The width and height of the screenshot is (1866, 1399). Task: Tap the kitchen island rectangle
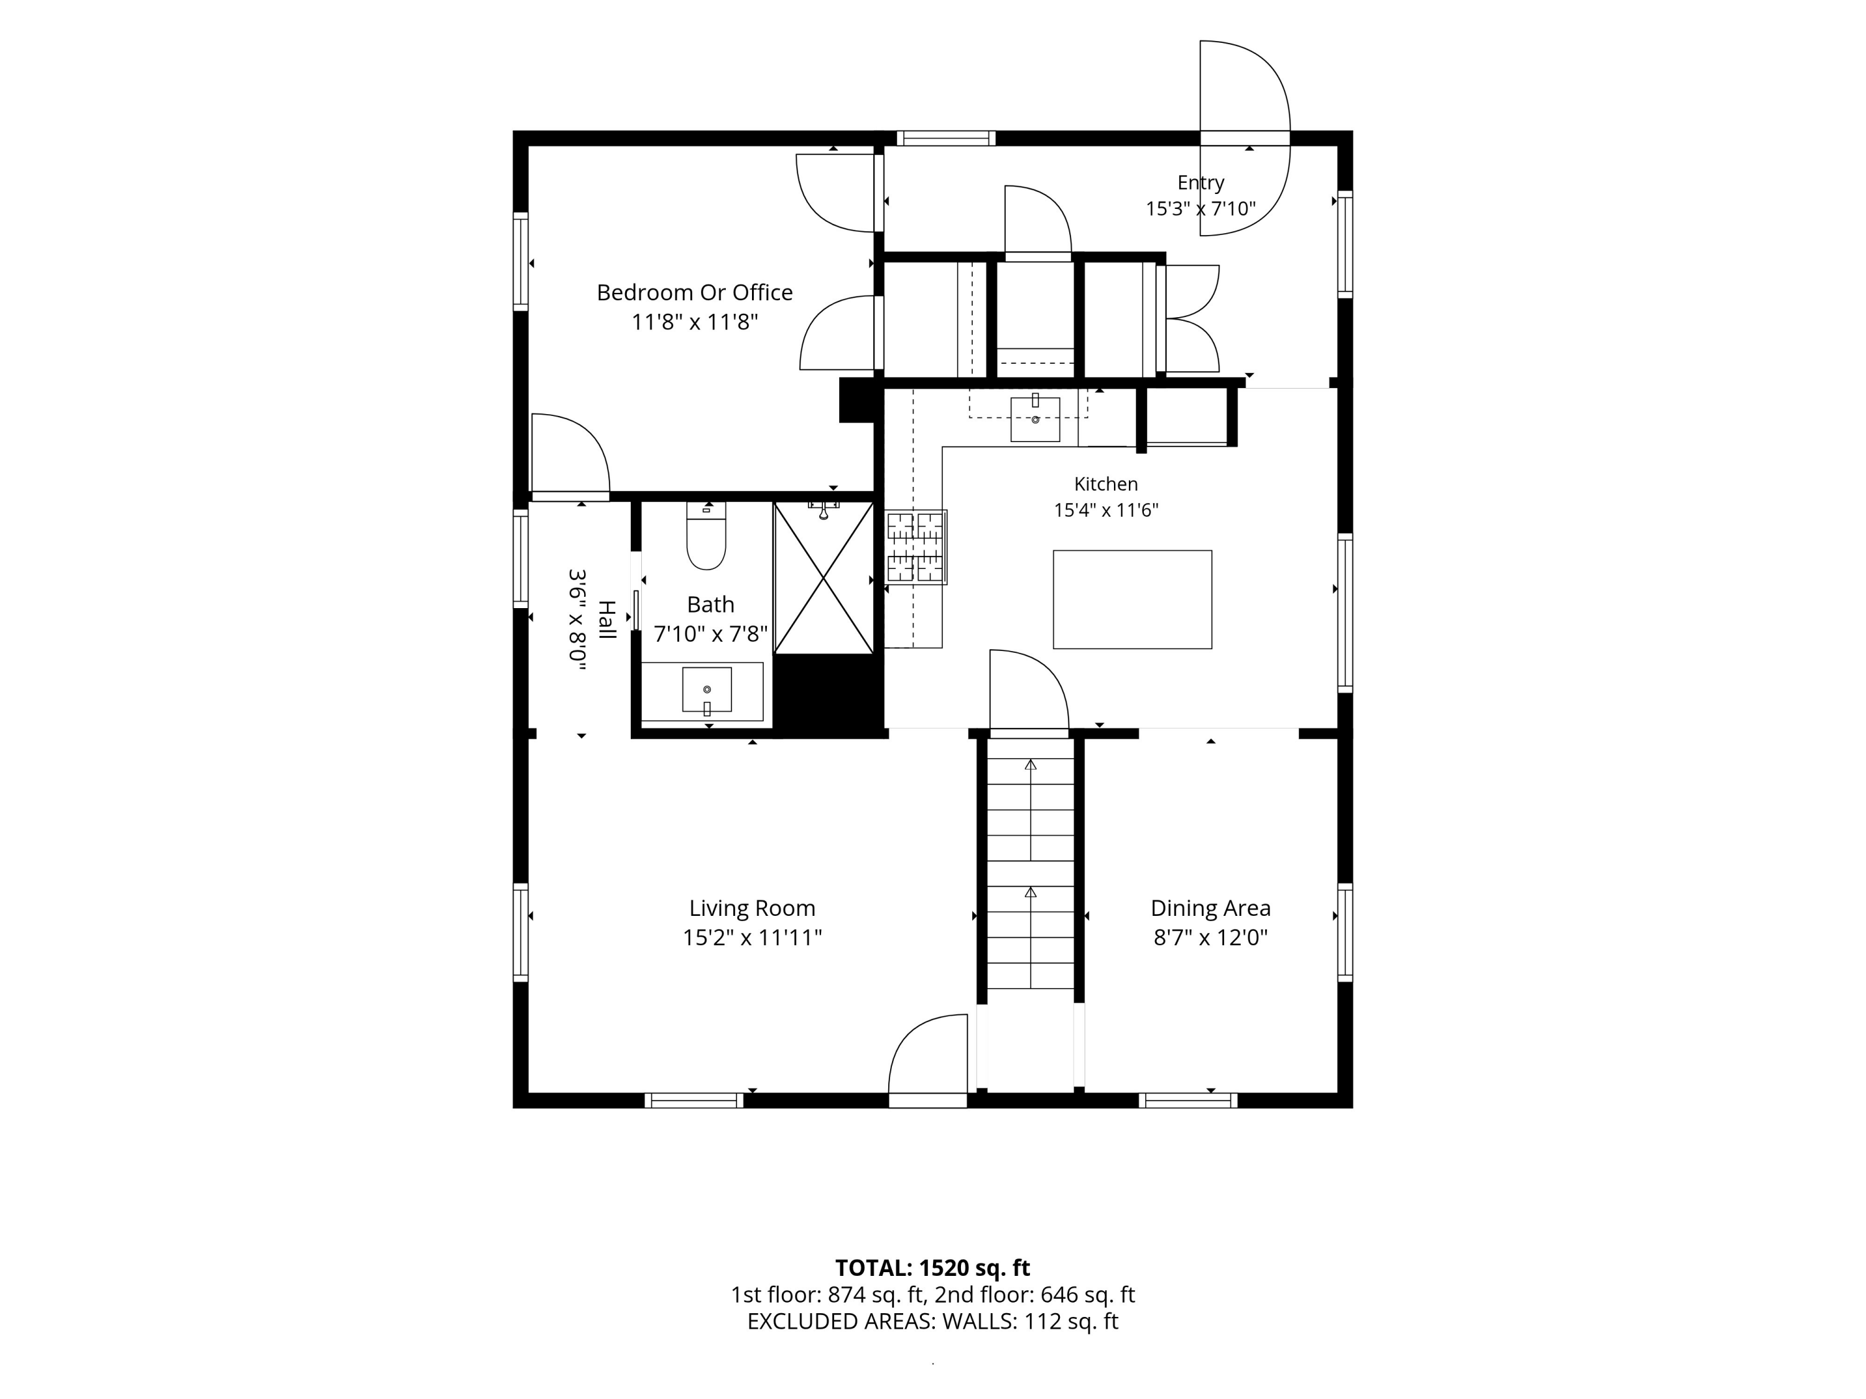(x=1132, y=599)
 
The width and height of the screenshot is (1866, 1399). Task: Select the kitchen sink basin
(x=1035, y=419)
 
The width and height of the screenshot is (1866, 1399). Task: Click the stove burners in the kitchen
(x=916, y=547)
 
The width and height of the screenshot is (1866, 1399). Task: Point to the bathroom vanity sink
(x=707, y=690)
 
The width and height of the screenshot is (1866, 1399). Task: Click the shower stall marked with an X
(x=824, y=578)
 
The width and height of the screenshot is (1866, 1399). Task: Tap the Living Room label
(x=751, y=908)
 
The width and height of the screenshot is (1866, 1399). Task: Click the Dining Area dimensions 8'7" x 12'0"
(x=1210, y=938)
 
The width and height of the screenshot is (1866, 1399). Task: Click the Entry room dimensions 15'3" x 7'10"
(x=1200, y=208)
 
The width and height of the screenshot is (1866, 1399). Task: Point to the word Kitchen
(x=1106, y=484)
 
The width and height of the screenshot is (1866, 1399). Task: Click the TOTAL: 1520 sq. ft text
(x=932, y=1267)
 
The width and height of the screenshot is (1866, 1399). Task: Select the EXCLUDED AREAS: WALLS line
(x=932, y=1321)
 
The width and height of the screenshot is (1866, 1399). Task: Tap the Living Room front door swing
(x=928, y=1053)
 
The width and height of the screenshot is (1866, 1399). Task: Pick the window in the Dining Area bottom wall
(x=1188, y=1101)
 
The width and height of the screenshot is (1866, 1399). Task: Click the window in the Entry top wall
(x=945, y=138)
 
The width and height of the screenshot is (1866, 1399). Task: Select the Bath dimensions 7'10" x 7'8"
(x=710, y=634)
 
